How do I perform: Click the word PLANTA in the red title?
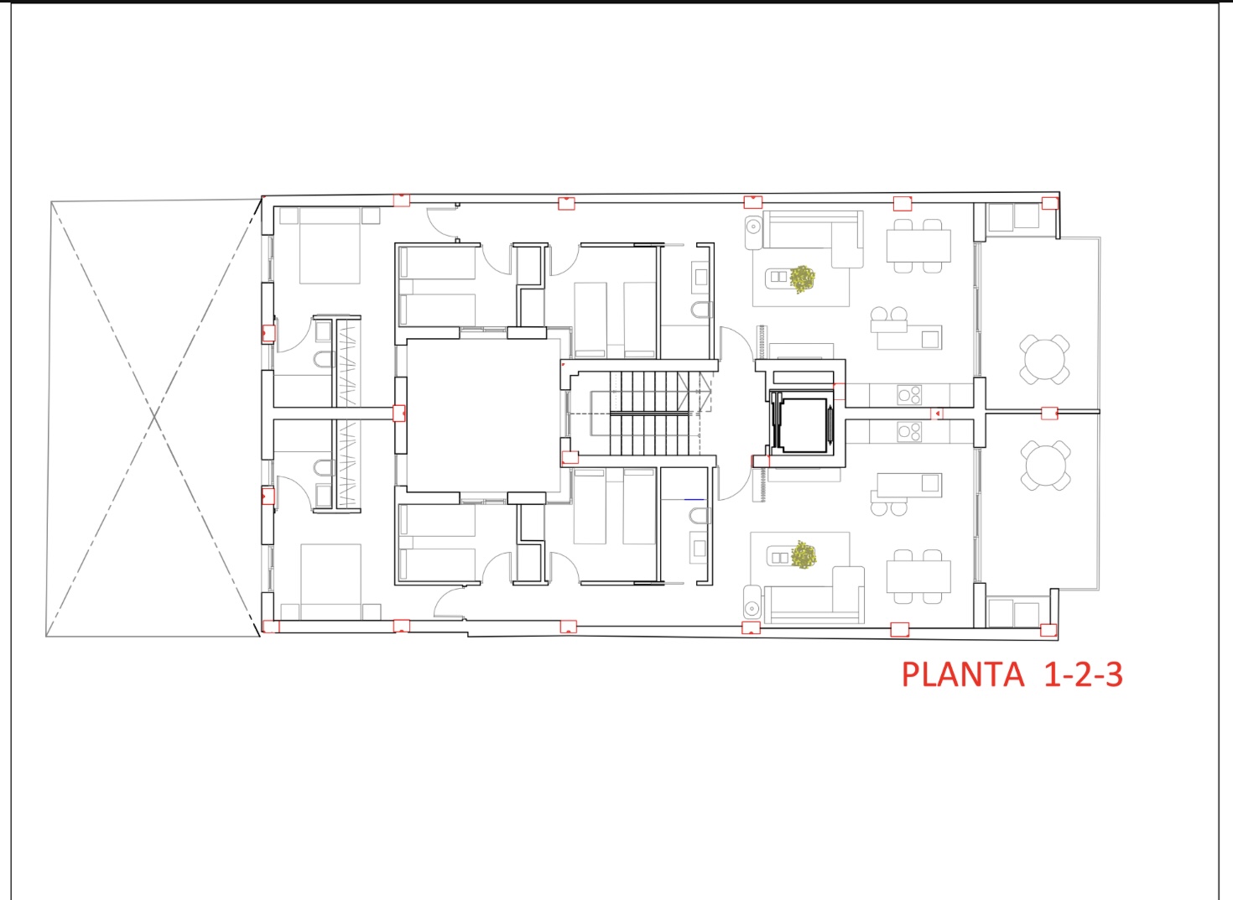pos(962,674)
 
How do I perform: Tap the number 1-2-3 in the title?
pos(1083,674)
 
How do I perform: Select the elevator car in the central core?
pos(802,424)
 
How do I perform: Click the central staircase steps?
pos(650,414)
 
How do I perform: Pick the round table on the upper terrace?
pos(1044,359)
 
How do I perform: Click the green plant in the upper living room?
pos(803,278)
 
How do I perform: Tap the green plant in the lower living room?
pos(804,554)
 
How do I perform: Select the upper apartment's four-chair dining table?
pos(918,246)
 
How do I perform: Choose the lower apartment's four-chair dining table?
pos(918,577)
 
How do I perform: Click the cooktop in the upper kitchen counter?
pos(909,394)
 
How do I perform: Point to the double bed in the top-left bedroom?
pos(330,245)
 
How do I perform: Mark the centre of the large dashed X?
pos(154,416)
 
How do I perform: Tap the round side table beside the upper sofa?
pos(752,226)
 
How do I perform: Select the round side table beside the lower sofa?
pos(752,607)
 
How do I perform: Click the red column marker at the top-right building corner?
pos(1049,203)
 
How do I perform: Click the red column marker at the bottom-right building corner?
pos(1048,630)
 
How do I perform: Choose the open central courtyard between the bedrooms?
pos(483,414)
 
